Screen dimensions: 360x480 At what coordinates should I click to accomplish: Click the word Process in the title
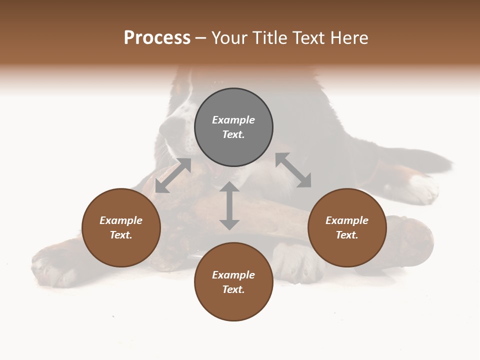[x=157, y=38]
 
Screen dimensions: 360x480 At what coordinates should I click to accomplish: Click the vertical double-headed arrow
[x=229, y=205]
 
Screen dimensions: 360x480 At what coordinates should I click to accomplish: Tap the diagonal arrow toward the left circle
[x=173, y=175]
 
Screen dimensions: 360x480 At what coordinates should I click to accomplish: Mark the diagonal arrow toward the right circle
[x=293, y=170]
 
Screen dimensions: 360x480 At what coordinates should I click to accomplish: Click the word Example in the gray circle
[x=233, y=120]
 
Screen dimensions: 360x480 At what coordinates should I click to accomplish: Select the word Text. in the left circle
[x=121, y=235]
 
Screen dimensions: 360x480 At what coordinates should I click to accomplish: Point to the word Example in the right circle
[x=347, y=220]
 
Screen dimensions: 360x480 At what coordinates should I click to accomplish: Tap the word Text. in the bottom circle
[x=233, y=289]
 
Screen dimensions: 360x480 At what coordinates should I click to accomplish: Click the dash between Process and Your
[x=200, y=38]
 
